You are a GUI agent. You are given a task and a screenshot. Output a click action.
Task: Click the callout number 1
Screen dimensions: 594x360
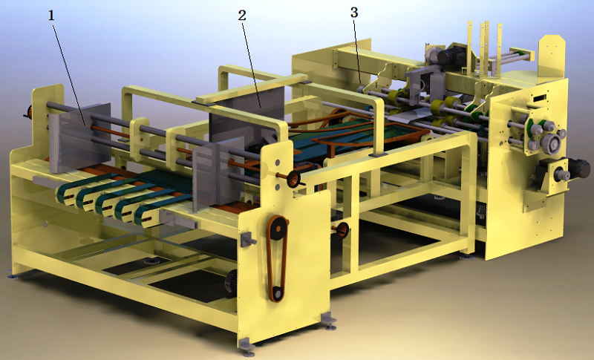click(x=51, y=15)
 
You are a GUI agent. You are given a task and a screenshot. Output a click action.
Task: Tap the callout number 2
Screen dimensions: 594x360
click(x=242, y=15)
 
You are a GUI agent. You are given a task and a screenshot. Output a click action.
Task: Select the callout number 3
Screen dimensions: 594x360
click(x=354, y=13)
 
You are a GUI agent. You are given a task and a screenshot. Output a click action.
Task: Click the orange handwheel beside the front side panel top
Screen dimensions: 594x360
click(x=293, y=178)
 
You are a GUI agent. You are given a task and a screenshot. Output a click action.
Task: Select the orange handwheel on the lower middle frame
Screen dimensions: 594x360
click(x=342, y=229)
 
